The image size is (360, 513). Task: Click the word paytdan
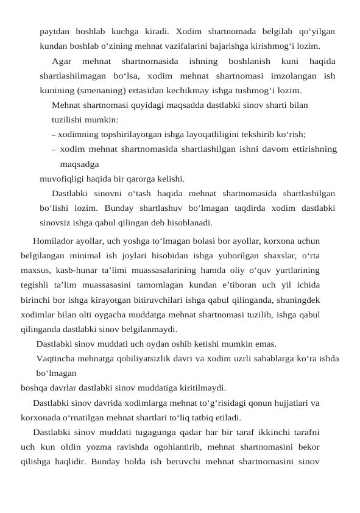tap(55, 31)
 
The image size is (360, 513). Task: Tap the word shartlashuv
tap(140, 208)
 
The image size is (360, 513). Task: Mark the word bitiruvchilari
tap(176, 300)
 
